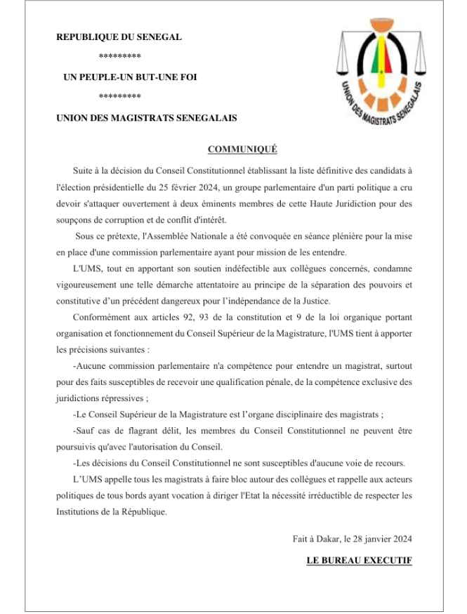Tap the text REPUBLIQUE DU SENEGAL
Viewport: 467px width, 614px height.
tap(119, 37)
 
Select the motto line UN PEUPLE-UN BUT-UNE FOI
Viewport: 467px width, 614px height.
tap(130, 77)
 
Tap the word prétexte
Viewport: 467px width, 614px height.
tap(121, 237)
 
